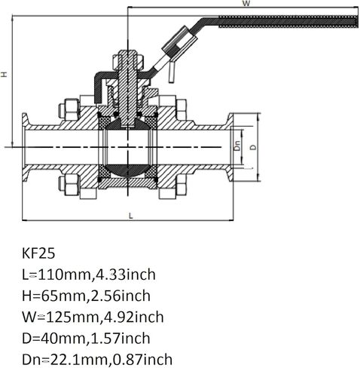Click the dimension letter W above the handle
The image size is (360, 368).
tap(246, 4)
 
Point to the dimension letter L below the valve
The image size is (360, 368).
tap(130, 216)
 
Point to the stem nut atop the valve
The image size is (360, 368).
tap(126, 59)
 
